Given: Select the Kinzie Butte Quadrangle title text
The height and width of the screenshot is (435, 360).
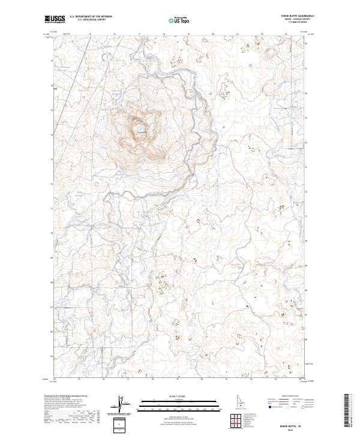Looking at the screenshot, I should click(301, 16).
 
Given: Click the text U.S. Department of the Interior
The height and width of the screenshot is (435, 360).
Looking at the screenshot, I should click(91, 17).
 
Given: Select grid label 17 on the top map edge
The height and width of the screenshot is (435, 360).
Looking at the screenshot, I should click(139, 34).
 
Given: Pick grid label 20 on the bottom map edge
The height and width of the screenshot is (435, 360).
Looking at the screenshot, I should click(202, 379).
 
